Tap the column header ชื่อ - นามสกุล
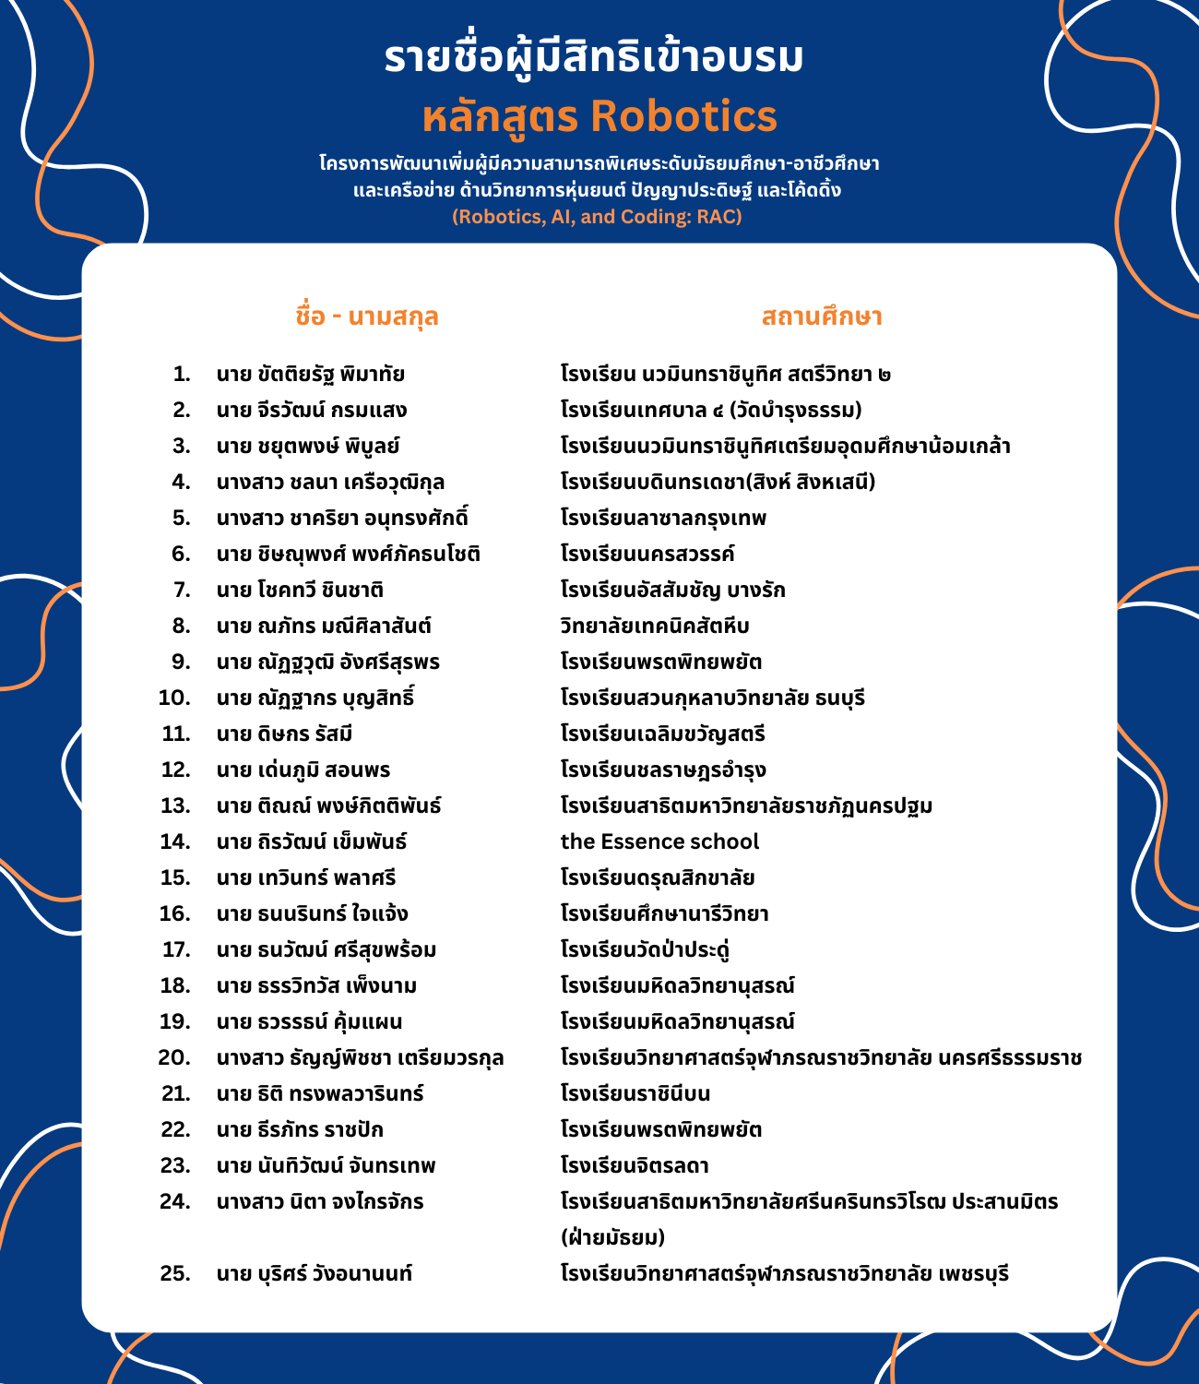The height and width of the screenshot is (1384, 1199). click(x=366, y=316)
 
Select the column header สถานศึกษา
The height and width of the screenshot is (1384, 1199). click(x=822, y=316)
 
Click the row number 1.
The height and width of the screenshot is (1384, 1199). click(x=182, y=375)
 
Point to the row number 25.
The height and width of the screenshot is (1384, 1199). click(x=175, y=1274)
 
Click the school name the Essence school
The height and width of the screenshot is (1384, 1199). click(x=659, y=841)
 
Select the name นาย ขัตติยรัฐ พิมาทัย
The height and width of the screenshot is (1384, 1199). click(x=311, y=375)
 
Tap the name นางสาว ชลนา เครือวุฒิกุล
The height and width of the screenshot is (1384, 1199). click(x=330, y=482)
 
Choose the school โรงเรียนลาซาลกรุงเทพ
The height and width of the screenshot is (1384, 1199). click(x=663, y=518)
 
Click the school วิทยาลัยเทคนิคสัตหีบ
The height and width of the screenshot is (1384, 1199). click(x=655, y=626)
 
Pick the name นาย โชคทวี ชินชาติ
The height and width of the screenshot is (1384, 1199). click(x=300, y=590)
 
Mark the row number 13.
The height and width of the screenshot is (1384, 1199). click(x=175, y=805)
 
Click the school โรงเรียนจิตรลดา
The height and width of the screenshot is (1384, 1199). click(x=635, y=1165)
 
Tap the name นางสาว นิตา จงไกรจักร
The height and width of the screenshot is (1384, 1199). click(x=320, y=1201)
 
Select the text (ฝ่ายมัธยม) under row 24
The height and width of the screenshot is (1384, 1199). click(x=612, y=1237)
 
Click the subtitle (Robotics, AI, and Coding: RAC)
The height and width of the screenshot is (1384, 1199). click(x=597, y=217)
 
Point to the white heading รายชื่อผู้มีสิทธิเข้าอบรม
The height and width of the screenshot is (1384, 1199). click(x=594, y=57)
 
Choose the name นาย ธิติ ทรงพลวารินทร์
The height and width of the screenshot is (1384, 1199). click(x=320, y=1093)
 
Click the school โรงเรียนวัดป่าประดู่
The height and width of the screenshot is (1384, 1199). click(x=646, y=949)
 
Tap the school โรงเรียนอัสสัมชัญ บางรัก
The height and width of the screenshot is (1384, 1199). click(x=673, y=590)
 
